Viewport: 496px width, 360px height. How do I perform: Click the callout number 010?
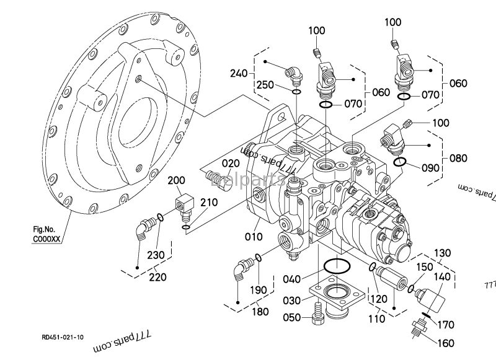[254, 236]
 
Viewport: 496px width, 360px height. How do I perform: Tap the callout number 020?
[231, 163]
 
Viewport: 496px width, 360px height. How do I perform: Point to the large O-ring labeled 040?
[336, 267]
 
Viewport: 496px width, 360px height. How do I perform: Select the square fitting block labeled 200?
[185, 202]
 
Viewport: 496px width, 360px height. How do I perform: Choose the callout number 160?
[446, 343]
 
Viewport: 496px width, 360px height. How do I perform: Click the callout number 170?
[446, 323]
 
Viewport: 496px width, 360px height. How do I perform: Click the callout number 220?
[158, 277]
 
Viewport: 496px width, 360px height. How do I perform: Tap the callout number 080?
[459, 158]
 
